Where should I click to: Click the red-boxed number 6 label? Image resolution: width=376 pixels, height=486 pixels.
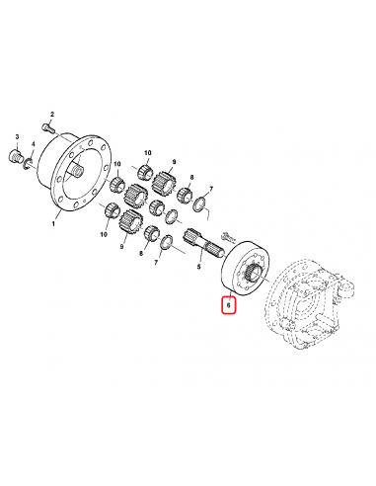(x=229, y=305)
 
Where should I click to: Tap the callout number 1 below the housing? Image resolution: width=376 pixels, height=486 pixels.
(x=53, y=224)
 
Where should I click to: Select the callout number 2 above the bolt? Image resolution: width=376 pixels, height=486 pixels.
(x=52, y=115)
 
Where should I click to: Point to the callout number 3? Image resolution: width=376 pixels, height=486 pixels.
(x=18, y=136)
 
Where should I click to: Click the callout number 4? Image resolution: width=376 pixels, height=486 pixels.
(x=33, y=144)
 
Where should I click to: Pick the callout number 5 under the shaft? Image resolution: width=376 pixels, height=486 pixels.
(x=198, y=267)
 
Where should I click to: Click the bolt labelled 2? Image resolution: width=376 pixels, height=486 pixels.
(x=49, y=127)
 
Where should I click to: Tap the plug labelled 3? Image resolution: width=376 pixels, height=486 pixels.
(x=15, y=155)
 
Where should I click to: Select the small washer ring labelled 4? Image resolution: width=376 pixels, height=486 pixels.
(x=28, y=164)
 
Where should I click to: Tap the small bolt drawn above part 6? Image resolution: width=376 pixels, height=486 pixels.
(x=227, y=236)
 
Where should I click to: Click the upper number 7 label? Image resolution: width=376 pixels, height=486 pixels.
(x=211, y=189)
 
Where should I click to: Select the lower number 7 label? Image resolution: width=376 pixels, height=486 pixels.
(x=156, y=262)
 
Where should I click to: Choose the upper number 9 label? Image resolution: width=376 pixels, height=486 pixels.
(x=174, y=162)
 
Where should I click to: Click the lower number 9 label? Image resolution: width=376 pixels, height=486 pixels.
(x=121, y=246)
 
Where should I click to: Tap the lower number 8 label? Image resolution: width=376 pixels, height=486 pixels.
(x=141, y=254)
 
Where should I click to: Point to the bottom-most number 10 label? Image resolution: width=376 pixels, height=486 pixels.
(x=104, y=234)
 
